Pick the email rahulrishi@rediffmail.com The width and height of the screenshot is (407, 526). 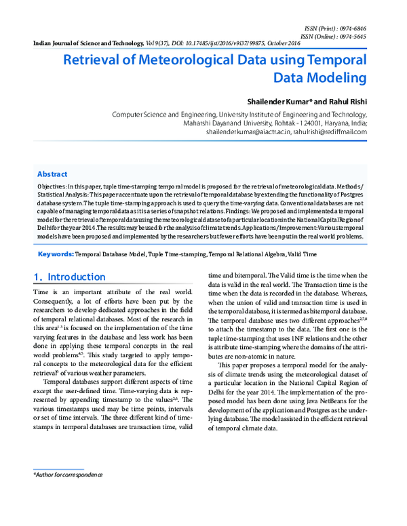tap(330, 133)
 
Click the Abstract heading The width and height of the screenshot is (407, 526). tap(52, 174)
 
